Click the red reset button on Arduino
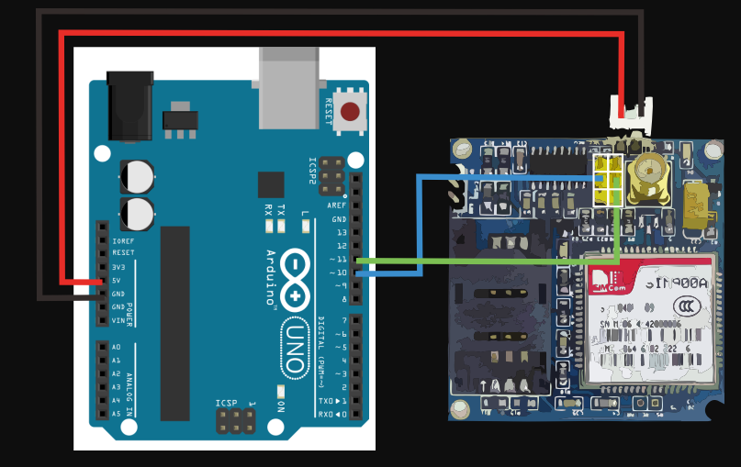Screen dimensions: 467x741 point(350,112)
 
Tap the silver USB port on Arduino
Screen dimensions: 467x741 point(289,89)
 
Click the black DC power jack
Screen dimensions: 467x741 point(129,106)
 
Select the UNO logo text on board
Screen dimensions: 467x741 point(295,346)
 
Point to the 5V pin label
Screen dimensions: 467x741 point(117,280)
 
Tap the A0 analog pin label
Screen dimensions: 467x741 point(117,348)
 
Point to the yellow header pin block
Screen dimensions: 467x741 point(607,182)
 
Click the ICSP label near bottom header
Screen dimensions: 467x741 point(226,403)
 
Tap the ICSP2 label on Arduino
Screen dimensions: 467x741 point(312,172)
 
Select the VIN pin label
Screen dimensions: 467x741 point(117,320)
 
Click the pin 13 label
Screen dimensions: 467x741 point(341,232)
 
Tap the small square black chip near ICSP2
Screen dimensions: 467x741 point(271,184)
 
